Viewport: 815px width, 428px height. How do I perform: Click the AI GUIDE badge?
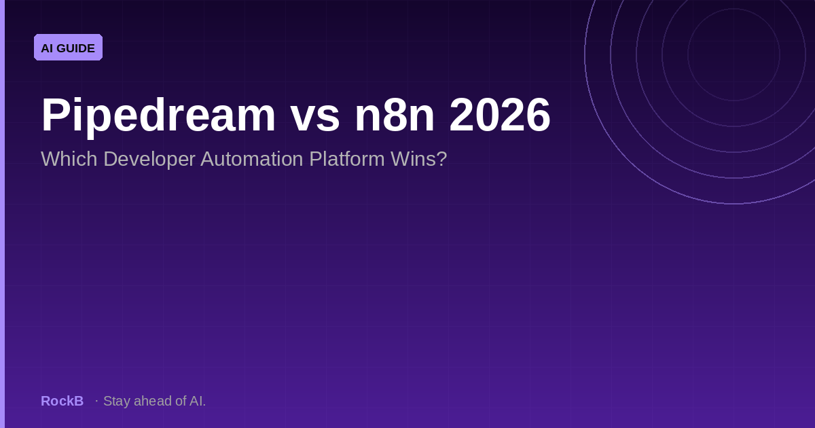pos(68,48)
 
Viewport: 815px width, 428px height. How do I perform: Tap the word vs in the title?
pos(315,119)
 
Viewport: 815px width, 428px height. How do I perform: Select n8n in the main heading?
pos(395,115)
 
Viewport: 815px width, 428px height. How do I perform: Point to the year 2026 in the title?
pos(500,115)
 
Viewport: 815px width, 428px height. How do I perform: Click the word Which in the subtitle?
pos(69,159)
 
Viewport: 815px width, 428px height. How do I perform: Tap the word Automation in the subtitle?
pos(252,159)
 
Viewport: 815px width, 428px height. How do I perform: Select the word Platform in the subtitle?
pos(347,159)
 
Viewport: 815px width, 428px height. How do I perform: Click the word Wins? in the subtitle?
pos(419,159)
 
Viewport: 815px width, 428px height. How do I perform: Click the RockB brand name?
pos(62,401)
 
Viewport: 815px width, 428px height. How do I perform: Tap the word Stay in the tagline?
pos(117,402)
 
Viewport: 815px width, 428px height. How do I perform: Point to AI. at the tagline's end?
pos(198,401)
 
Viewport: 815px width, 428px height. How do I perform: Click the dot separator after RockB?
pos(96,401)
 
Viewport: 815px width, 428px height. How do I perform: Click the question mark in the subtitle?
pos(442,159)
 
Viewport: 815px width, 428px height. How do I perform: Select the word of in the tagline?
pos(181,401)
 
